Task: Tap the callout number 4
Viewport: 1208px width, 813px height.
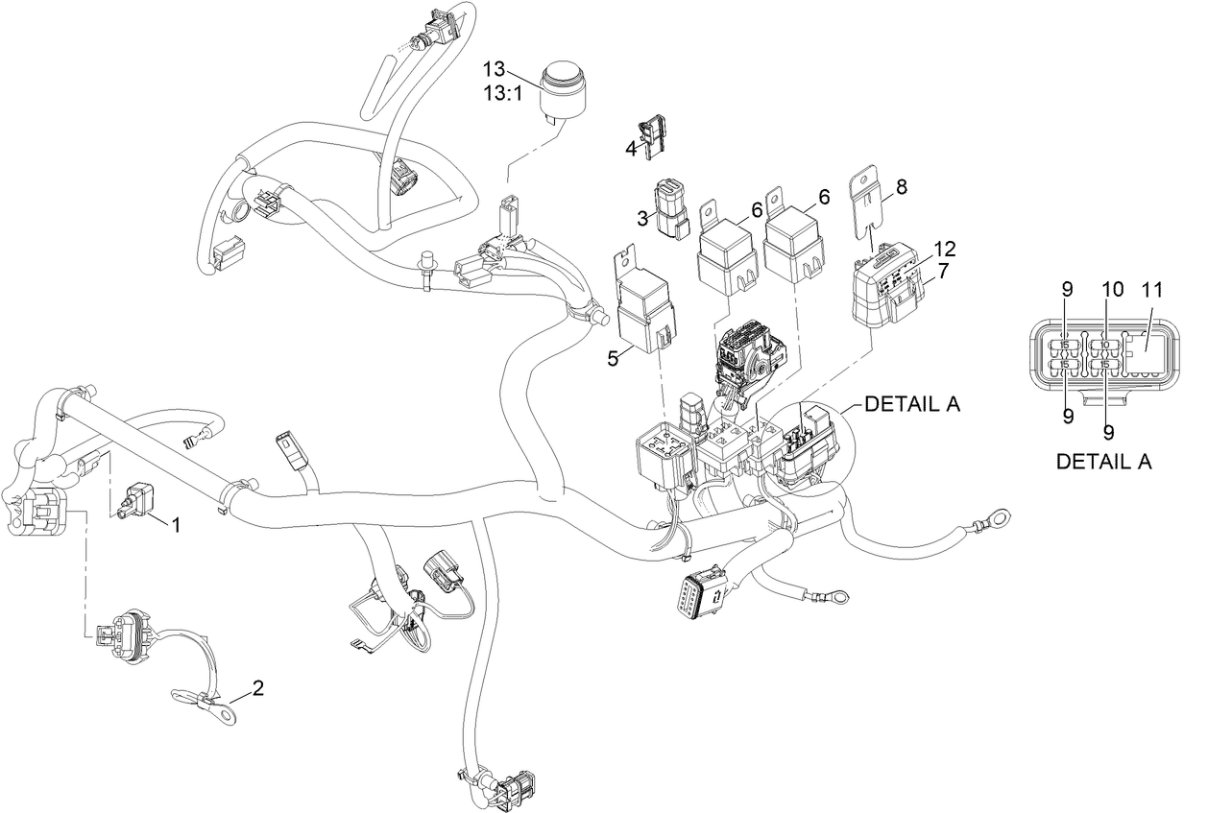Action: tap(631, 149)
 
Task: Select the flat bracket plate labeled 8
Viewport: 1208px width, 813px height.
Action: tap(868, 203)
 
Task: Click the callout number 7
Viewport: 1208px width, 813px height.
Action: tap(944, 271)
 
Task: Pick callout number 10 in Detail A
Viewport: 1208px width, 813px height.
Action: tap(1111, 288)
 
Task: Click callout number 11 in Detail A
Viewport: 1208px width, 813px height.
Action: tap(1152, 288)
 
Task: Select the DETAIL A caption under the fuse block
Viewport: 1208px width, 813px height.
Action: tap(1103, 462)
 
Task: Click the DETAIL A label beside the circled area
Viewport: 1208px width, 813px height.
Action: tap(911, 405)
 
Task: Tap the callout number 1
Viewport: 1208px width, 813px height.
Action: tap(176, 524)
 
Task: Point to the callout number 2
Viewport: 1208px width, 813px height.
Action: tap(257, 687)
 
